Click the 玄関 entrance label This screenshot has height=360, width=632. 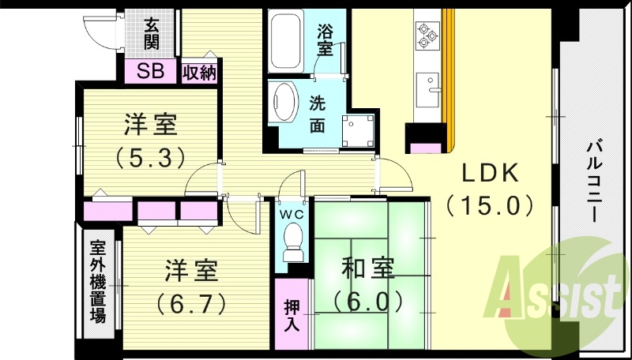click(152, 32)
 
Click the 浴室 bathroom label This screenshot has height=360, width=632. click(325, 40)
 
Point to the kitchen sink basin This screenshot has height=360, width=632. click(430, 83)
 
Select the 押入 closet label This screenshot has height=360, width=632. click(291, 314)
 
